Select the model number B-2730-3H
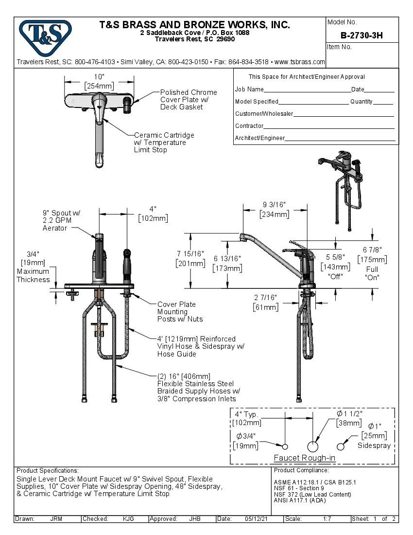point(361,35)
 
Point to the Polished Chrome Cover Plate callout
point(189,99)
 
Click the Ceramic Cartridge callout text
point(164,143)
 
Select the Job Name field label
point(249,89)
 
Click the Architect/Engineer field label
point(259,138)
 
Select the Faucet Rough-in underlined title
point(304,458)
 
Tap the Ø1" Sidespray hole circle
point(342,446)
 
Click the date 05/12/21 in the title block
point(257,519)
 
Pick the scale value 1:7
point(327,519)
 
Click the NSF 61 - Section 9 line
point(299,488)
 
